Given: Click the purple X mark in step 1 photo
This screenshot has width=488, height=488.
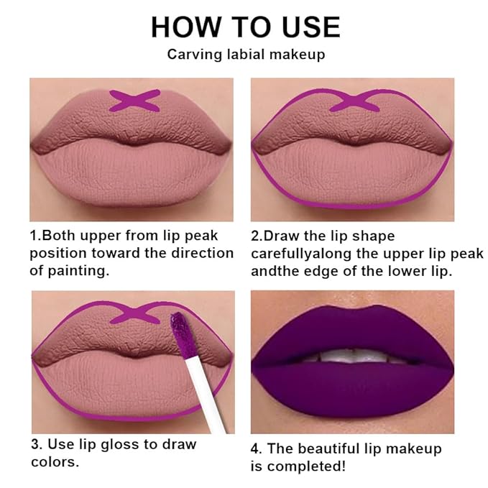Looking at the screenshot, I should pyautogui.click(x=134, y=101).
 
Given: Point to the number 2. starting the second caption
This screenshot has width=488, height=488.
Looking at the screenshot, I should pyautogui.click(x=257, y=236).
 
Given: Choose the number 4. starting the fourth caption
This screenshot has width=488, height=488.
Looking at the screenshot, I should pyautogui.click(x=257, y=448).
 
